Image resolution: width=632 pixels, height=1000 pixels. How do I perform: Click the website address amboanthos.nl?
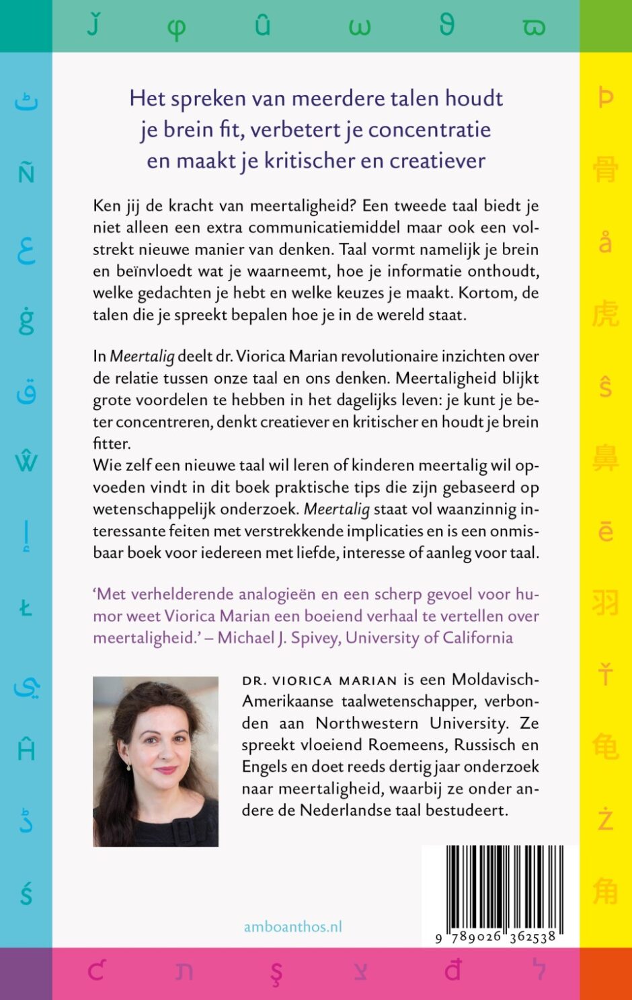[292, 927]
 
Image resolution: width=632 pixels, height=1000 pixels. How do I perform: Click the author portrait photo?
[155, 761]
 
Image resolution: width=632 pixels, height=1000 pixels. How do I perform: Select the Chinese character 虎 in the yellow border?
[605, 313]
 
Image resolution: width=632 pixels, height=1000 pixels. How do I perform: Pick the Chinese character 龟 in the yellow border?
[605, 746]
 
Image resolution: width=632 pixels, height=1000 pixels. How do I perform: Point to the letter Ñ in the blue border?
[26, 173]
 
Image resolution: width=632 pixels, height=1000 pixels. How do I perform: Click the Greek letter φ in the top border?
[176, 28]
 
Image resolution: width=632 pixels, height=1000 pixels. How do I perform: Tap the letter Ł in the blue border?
[26, 608]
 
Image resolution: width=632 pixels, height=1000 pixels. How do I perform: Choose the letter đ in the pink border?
[453, 970]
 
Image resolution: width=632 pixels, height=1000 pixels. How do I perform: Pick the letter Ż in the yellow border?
[605, 819]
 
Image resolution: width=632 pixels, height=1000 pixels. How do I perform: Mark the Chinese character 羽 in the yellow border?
[605, 602]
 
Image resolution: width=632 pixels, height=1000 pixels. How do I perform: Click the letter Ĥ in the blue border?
[26, 748]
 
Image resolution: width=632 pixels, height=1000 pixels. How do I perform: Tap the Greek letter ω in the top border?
[359, 28]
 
